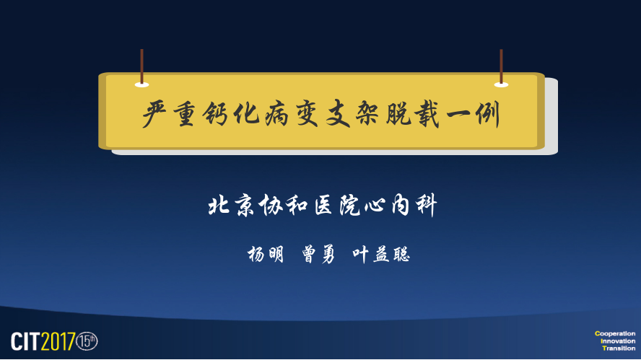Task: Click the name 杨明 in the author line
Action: point(266,254)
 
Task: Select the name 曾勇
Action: point(318,254)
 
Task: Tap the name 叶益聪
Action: point(381,254)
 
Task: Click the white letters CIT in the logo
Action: point(25,341)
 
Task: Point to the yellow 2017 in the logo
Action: point(58,341)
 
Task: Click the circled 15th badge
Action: point(87,341)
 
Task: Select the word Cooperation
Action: point(615,333)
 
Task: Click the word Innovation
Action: point(618,341)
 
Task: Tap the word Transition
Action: point(619,348)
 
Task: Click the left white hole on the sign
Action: point(142,84)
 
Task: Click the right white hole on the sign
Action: point(501,84)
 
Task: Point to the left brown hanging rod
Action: point(142,66)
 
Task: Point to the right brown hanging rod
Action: point(501,66)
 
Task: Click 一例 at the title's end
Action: point(473,115)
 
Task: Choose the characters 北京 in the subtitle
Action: point(230,205)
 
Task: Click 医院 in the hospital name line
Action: point(337,205)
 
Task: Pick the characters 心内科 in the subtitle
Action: point(400,205)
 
